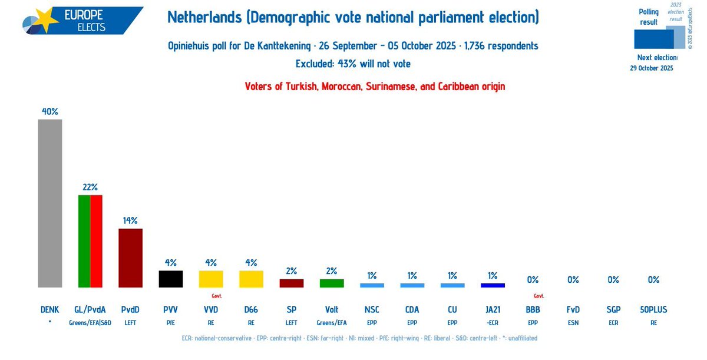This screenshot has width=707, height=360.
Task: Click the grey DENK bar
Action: coord(50,203)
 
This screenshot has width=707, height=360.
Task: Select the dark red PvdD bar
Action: coord(130,257)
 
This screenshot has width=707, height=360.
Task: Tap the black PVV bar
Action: coord(171,279)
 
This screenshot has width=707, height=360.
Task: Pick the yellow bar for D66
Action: coord(251,279)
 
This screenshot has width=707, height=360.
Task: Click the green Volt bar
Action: coord(332,283)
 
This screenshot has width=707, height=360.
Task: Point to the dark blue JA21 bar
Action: coord(493,285)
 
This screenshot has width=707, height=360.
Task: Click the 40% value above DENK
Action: coord(50,111)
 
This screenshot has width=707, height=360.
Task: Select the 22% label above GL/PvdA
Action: coord(90,187)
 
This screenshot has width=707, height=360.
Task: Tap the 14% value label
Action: coord(130,220)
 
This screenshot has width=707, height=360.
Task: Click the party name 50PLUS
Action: coord(653,309)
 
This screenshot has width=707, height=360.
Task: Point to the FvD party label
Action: coord(573,309)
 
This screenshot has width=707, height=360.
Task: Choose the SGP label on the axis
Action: coord(613,309)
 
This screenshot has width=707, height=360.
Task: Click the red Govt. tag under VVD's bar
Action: coord(216,296)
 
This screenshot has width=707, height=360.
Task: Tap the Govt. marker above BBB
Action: coord(538,296)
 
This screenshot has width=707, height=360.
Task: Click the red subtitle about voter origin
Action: coord(375,86)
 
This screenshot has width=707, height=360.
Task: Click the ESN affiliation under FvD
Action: coord(573,322)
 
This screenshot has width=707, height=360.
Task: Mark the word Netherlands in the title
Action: coord(204,17)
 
